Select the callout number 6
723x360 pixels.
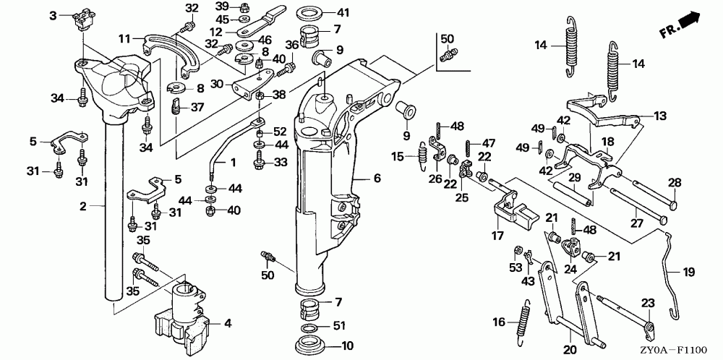click(x=377, y=178)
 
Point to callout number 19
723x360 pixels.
click(x=688, y=272)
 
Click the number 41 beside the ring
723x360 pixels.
click(x=343, y=12)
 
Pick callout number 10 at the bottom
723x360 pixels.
click(x=347, y=346)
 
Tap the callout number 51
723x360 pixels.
click(x=339, y=326)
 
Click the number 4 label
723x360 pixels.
click(x=227, y=323)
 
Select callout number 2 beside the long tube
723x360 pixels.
click(x=83, y=206)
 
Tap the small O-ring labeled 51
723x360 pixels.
click(x=311, y=328)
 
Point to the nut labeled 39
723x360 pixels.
click(x=242, y=7)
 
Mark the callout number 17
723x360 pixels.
click(x=497, y=236)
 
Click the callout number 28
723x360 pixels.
click(x=675, y=183)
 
